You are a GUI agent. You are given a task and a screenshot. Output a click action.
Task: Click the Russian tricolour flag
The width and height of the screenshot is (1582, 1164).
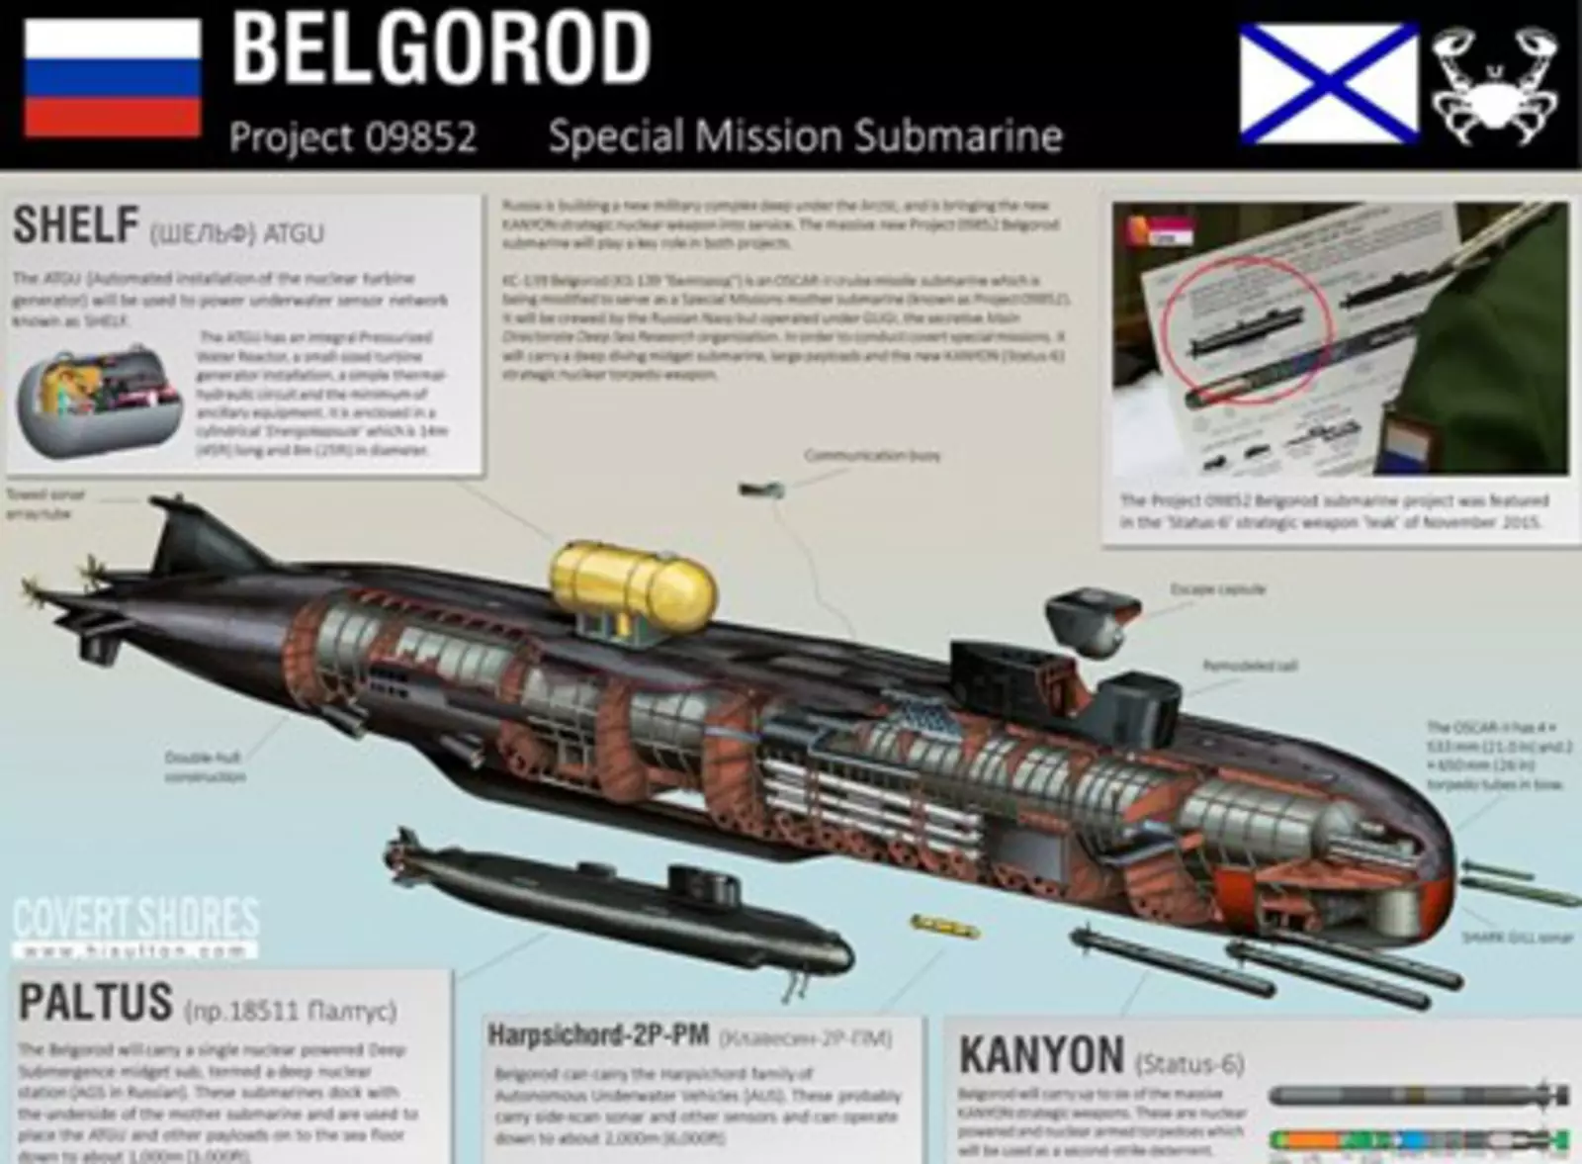click(x=112, y=78)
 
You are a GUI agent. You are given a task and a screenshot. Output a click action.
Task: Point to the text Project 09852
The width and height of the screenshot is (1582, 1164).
click(x=353, y=136)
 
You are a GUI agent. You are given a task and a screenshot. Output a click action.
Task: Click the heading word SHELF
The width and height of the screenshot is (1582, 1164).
click(x=75, y=225)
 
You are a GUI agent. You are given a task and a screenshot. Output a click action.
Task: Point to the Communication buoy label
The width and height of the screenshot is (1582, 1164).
click(x=871, y=456)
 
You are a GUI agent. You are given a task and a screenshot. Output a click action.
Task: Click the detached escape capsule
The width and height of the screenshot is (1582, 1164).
click(x=1086, y=621)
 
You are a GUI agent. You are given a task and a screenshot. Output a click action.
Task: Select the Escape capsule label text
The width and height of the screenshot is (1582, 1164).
click(x=1217, y=589)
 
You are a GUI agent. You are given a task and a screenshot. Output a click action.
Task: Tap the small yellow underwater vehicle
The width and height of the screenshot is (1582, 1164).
click(x=944, y=925)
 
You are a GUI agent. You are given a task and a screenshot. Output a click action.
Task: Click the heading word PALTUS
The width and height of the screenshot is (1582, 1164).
click(x=96, y=1003)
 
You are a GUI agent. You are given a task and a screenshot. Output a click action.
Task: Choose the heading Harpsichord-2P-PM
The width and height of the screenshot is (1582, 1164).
click(x=598, y=1035)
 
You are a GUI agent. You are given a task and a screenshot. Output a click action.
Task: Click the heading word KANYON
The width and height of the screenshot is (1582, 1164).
click(x=1041, y=1055)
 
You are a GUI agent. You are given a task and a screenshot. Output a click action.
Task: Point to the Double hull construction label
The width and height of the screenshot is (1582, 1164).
click(x=205, y=766)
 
